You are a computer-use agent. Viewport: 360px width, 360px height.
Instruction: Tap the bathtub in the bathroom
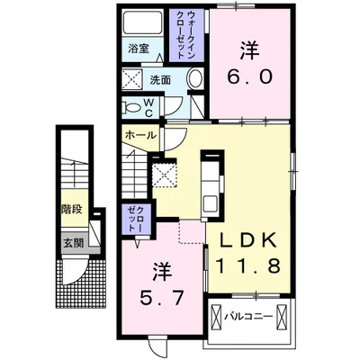(x=138, y=24)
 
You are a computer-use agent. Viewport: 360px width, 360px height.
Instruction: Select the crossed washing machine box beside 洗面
(x=131, y=79)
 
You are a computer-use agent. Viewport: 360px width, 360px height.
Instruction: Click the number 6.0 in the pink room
(x=251, y=77)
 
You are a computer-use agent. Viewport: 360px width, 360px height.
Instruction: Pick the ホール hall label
(x=140, y=135)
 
